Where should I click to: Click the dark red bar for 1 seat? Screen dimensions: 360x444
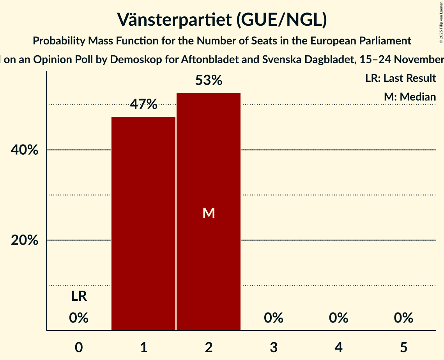[x=143, y=224]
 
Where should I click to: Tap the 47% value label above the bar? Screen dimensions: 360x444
[x=143, y=104]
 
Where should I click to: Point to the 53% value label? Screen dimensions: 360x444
[x=209, y=81]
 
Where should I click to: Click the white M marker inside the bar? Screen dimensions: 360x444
[x=209, y=213]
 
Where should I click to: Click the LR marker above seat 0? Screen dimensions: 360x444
[x=79, y=296]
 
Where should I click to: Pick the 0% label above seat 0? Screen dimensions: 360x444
[x=79, y=318]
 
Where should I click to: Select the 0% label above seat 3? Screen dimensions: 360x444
[x=274, y=318]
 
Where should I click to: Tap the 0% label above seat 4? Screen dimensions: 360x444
[x=338, y=318]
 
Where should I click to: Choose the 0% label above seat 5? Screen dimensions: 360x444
[x=403, y=318]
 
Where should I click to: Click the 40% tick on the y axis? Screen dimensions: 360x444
[x=25, y=150]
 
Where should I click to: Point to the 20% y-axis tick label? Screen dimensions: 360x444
[x=25, y=240]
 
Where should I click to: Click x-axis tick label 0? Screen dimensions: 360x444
[x=79, y=347]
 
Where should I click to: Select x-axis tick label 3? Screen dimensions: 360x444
[x=274, y=347]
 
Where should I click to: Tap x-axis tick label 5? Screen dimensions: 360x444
[x=403, y=347]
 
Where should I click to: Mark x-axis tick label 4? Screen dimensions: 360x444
[x=338, y=347]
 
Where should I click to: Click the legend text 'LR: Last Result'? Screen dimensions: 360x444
[x=400, y=78]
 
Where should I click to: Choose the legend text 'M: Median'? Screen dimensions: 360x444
[x=410, y=97]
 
